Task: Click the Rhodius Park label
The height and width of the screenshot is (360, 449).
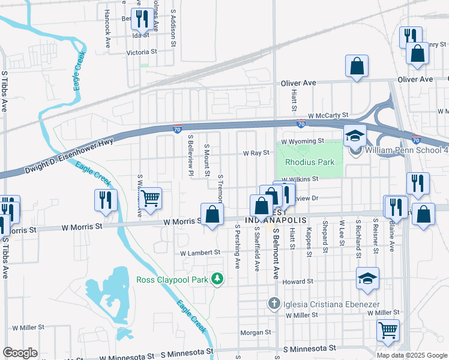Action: pyautogui.click(x=309, y=162)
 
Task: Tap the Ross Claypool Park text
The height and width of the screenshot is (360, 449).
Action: pyautogui.click(x=170, y=279)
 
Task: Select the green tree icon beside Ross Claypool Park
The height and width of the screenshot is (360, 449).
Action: pyautogui.click(x=220, y=279)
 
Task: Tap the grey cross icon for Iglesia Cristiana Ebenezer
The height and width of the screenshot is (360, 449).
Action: pyautogui.click(x=275, y=304)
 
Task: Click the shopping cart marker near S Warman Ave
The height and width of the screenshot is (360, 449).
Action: pyautogui.click(x=150, y=197)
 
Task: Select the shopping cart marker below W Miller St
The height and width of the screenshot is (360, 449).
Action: pyautogui.click(x=388, y=329)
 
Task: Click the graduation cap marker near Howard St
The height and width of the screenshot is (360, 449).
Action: pyautogui.click(x=367, y=279)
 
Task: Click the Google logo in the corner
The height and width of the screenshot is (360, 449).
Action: pyautogui.click(x=19, y=353)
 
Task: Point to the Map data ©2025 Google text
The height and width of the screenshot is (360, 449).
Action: pyautogui.click(x=412, y=355)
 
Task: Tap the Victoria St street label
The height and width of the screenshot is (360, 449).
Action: pyautogui.click(x=141, y=52)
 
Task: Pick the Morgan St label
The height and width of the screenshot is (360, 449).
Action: pyautogui.click(x=256, y=332)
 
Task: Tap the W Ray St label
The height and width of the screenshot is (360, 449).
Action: pyautogui.click(x=256, y=154)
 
